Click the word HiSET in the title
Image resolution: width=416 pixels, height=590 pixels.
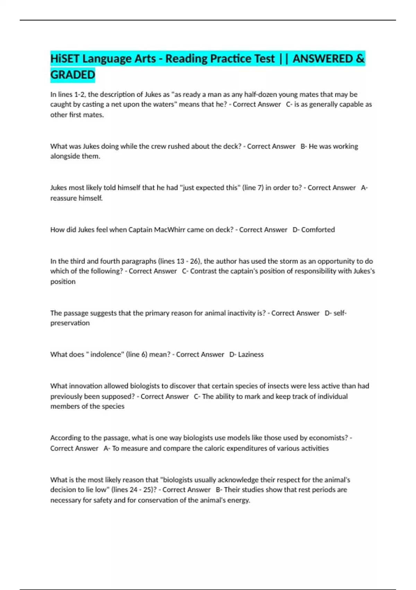pos(65,59)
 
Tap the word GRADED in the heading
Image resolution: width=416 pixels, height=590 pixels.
pos(72,75)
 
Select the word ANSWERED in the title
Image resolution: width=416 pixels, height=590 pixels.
pos(323,59)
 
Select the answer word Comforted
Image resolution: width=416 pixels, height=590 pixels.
pos(318,230)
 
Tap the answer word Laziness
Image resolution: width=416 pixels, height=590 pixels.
pos(251,354)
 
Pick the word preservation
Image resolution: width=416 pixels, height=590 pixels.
pos(70,323)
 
